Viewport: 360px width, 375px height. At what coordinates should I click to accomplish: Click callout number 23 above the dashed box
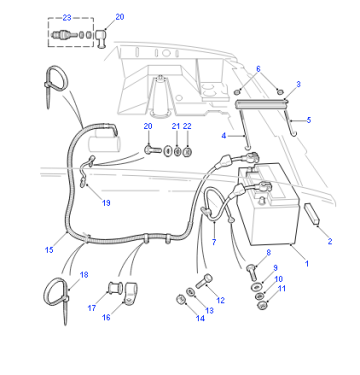point(67,18)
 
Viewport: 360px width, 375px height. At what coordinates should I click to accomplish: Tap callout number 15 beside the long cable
point(49,250)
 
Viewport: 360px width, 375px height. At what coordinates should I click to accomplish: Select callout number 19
point(106,203)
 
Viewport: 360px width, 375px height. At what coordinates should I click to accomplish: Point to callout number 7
point(214,242)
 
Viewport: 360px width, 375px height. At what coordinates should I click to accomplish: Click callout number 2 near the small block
point(330,241)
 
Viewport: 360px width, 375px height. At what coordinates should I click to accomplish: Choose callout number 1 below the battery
point(307,263)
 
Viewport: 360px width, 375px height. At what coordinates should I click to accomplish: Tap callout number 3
point(298,84)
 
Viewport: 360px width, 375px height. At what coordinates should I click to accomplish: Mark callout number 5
point(309,120)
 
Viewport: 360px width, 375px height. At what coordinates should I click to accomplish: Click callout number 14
point(200,318)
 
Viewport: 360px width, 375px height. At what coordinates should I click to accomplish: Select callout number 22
point(187,126)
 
